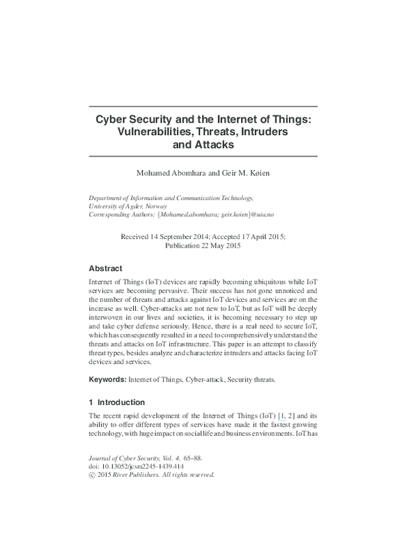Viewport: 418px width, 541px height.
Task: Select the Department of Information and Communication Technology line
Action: [171, 198]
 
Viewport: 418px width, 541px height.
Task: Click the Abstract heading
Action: [106, 268]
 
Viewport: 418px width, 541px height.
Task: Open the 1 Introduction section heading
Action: [117, 402]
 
